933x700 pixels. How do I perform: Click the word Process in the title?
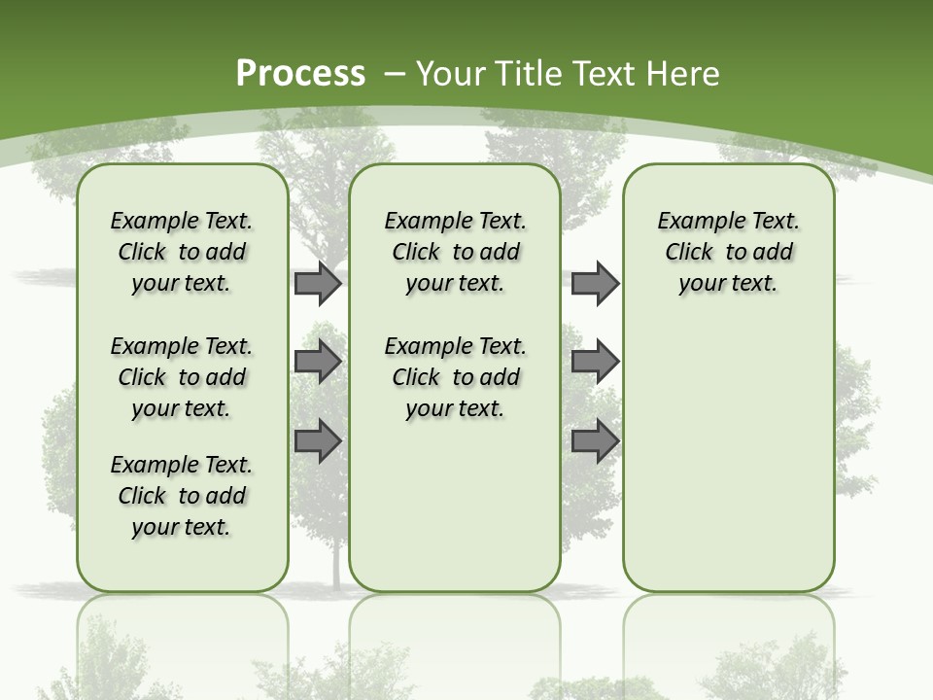pyautogui.click(x=300, y=74)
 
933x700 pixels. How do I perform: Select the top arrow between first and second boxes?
pyautogui.click(x=318, y=283)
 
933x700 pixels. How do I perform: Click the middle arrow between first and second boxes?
pyautogui.click(x=318, y=362)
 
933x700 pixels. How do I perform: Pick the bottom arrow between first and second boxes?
pyautogui.click(x=318, y=440)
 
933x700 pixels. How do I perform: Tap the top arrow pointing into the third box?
pyautogui.click(x=595, y=283)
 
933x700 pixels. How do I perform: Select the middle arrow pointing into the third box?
pyautogui.click(x=595, y=362)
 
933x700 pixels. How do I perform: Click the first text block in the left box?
pyautogui.click(x=182, y=252)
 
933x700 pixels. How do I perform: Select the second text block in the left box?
pyautogui.click(x=182, y=377)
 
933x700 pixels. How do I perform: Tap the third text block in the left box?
pyautogui.click(x=182, y=496)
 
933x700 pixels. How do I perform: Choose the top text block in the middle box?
pyautogui.click(x=455, y=252)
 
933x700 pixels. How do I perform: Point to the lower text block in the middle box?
pyautogui.click(x=455, y=377)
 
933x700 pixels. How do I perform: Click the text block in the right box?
pyautogui.click(x=728, y=252)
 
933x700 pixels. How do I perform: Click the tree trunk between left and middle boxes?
pyautogui.click(x=336, y=564)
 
